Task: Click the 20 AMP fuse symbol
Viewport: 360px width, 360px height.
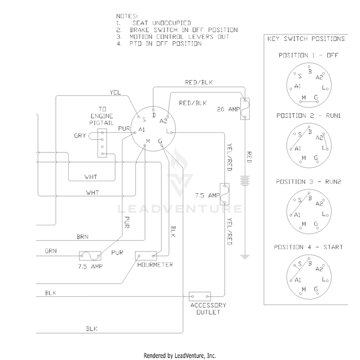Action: [245, 109]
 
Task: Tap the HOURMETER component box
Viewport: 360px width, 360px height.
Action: [146, 256]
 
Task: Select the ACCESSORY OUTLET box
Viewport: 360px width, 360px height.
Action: [200, 296]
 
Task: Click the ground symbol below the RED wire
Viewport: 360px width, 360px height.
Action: [245, 257]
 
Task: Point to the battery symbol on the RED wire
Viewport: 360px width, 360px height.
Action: [245, 180]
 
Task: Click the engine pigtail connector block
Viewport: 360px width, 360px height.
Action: [102, 143]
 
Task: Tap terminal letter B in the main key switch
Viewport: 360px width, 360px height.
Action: [154, 115]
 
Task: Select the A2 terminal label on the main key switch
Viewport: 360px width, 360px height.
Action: [164, 121]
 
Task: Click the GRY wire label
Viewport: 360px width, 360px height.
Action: [80, 136]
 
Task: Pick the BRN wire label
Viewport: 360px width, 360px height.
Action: [83, 237]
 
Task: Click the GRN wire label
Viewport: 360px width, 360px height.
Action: [50, 251]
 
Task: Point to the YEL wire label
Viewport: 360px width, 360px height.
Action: [115, 93]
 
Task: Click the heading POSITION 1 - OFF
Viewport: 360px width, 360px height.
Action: [308, 55]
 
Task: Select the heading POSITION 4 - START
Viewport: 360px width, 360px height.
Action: [308, 247]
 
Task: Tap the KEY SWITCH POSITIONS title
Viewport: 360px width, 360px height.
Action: [306, 38]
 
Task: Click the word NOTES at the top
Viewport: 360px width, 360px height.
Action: [127, 16]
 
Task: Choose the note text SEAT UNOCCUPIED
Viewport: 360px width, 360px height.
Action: [162, 23]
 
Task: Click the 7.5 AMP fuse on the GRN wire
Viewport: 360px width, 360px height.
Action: [90, 256]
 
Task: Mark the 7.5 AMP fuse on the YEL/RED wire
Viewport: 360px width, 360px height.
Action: [224, 194]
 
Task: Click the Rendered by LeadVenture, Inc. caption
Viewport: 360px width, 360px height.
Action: [180, 356]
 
